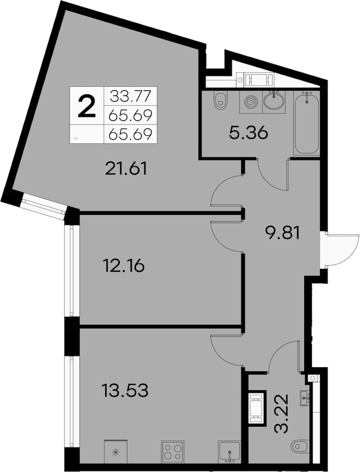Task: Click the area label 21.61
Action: pyautogui.click(x=126, y=169)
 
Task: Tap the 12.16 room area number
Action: pyautogui.click(x=124, y=266)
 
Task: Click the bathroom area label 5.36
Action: pyautogui.click(x=248, y=133)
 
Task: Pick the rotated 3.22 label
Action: pyautogui.click(x=282, y=413)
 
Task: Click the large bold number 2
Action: pyautogui.click(x=87, y=106)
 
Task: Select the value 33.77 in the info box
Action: pyautogui.click(x=130, y=96)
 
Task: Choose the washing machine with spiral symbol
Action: pyautogui.click(x=251, y=102)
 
